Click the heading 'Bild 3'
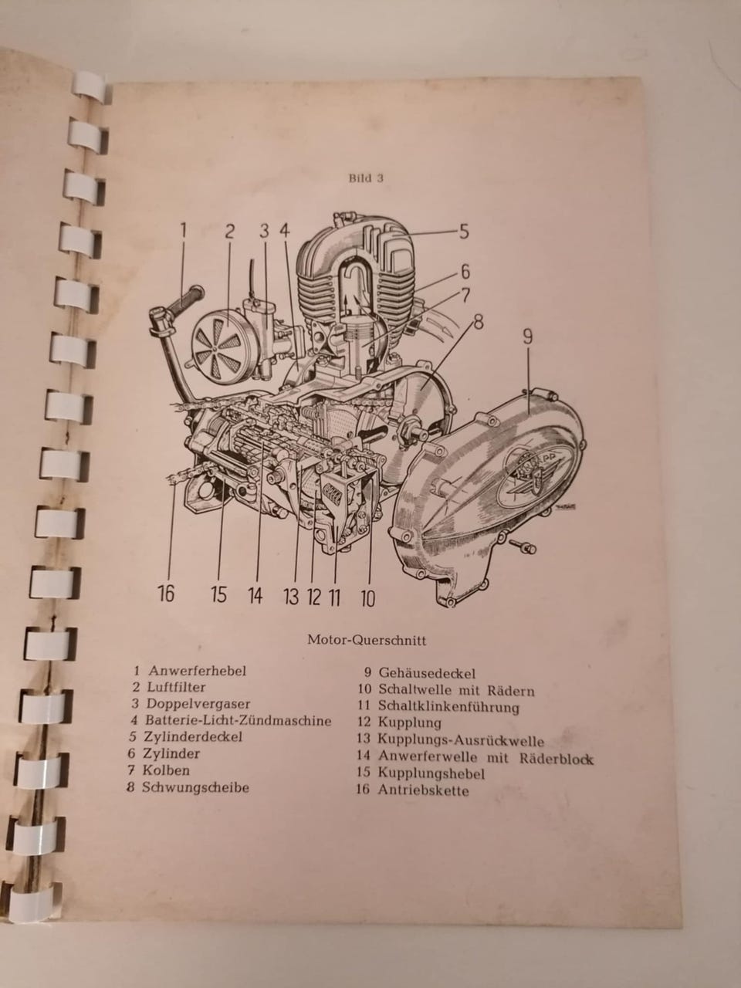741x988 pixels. [x=366, y=178]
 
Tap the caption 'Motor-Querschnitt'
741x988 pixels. [x=367, y=640]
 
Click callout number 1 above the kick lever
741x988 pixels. [x=183, y=231]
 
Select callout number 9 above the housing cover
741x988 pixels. [x=527, y=337]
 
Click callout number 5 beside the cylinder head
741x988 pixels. [x=465, y=232]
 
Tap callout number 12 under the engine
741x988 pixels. [x=314, y=597]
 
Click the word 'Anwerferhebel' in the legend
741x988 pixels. [x=198, y=671]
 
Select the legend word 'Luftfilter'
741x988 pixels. [x=176, y=687]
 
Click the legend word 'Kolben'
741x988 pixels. [x=166, y=770]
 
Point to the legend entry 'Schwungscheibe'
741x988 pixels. [x=196, y=788]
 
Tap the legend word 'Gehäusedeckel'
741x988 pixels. [x=427, y=673]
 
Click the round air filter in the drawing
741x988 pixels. [x=218, y=343]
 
